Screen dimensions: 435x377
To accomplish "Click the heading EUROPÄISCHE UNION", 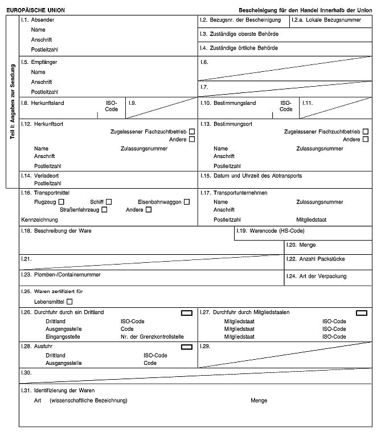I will [35, 10].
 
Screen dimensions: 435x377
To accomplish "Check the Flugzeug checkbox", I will [61, 201].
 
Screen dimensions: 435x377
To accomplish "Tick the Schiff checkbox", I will [108, 201].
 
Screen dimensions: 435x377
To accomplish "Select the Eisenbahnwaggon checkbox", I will [187, 201].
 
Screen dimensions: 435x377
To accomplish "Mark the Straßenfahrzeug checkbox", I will [104, 210].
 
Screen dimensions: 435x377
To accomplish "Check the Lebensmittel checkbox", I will [69, 301].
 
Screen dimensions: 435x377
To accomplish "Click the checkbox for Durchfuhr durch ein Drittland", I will [186, 312].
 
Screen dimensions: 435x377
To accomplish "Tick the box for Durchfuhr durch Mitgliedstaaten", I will [361, 312].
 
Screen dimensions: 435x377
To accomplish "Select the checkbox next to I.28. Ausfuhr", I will [186, 347].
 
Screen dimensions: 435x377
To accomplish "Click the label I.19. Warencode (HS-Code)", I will [271, 231].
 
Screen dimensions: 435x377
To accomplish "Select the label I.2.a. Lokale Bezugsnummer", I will [326, 20].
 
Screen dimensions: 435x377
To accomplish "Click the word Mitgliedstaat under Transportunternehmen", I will [312, 219].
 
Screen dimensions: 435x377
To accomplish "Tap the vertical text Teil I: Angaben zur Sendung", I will [12, 101].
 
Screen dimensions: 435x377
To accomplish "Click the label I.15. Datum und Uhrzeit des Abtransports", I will [251, 176].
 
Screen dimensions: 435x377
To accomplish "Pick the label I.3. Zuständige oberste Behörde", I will [239, 34].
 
